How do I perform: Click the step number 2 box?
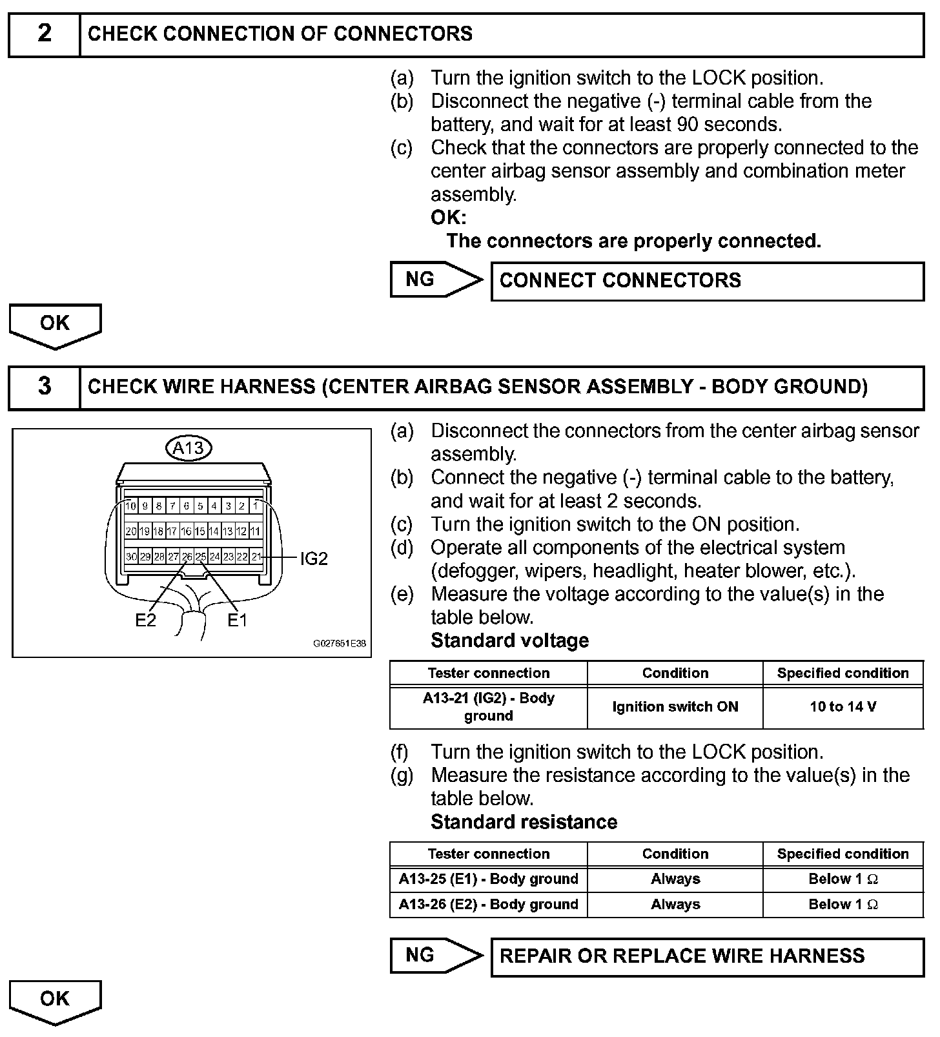point(44,34)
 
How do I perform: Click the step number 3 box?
point(44,387)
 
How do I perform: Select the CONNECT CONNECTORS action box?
point(707,281)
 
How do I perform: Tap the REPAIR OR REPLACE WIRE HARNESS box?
point(707,956)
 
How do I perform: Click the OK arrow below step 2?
point(55,325)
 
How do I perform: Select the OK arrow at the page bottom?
point(55,1001)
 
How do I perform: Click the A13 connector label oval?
point(189,447)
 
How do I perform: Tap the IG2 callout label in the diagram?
point(314,559)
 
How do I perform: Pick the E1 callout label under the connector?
point(237,620)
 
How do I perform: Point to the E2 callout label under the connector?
point(145,620)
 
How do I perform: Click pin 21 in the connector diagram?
point(256,557)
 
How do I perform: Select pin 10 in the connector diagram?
point(130,506)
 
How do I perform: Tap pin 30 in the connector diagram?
point(131,557)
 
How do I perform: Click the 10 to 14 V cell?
point(843,707)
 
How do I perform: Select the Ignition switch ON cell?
point(675,707)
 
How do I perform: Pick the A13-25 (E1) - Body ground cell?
point(488,879)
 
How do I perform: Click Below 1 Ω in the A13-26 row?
point(843,905)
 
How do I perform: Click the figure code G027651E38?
point(340,644)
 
